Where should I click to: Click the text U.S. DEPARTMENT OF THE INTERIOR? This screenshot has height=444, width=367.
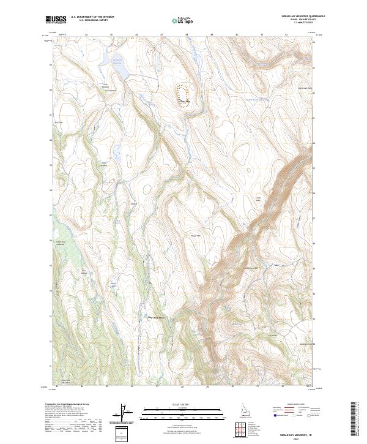coord(92,17)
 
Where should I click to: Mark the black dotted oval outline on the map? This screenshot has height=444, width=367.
coord(182,96)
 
